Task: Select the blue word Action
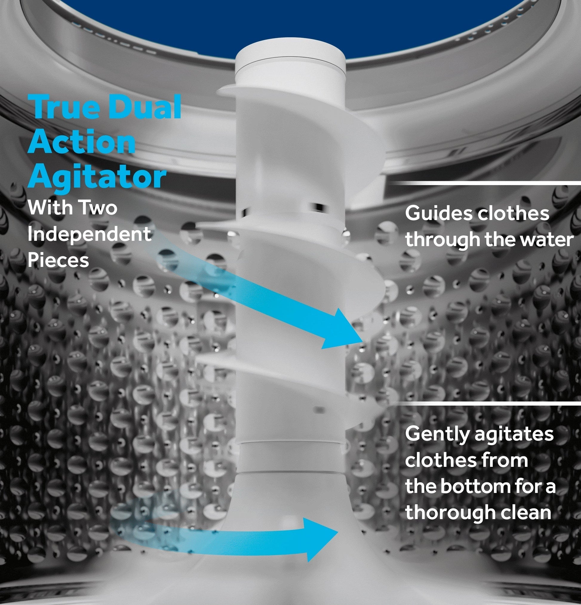[82, 141]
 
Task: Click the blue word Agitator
[97, 177]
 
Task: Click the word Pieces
[58, 260]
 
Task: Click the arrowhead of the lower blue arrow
[338, 532]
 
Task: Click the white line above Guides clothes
[485, 183]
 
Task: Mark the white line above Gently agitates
[485, 404]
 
